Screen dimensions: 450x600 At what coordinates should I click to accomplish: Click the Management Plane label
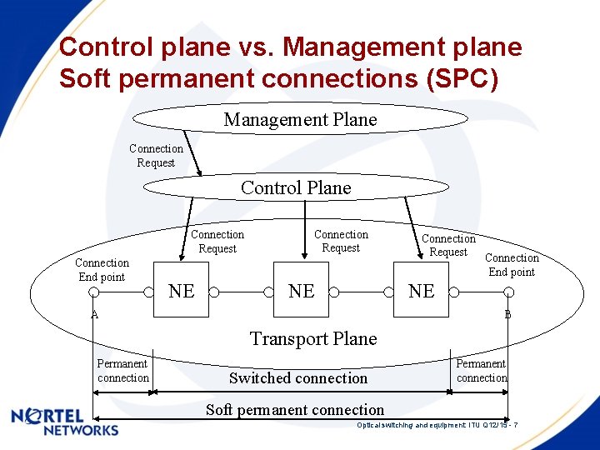coord(300,120)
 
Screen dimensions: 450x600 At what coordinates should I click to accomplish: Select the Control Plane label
coord(296,188)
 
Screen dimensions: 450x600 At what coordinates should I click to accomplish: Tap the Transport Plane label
coord(313,338)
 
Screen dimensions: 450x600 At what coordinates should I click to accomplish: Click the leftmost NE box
coord(182,291)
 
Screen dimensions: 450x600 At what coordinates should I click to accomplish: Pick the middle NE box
coord(301,291)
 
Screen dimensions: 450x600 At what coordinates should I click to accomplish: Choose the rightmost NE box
coord(421,291)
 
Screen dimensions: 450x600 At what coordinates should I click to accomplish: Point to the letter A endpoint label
coord(95,315)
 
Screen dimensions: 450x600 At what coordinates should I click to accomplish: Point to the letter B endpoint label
coord(507,315)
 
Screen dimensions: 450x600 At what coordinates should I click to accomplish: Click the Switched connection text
coord(298,378)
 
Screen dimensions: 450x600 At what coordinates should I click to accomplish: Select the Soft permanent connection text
coord(295,410)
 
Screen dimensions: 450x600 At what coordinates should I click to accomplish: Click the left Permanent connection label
coord(122,371)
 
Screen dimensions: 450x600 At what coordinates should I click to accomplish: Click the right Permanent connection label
coord(481,371)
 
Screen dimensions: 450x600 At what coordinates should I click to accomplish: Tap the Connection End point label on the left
coord(102,270)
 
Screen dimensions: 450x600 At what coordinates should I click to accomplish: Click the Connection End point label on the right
coord(512,265)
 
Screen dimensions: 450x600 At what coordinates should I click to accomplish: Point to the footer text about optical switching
coord(437,425)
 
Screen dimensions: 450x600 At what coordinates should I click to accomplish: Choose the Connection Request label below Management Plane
coord(156,156)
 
